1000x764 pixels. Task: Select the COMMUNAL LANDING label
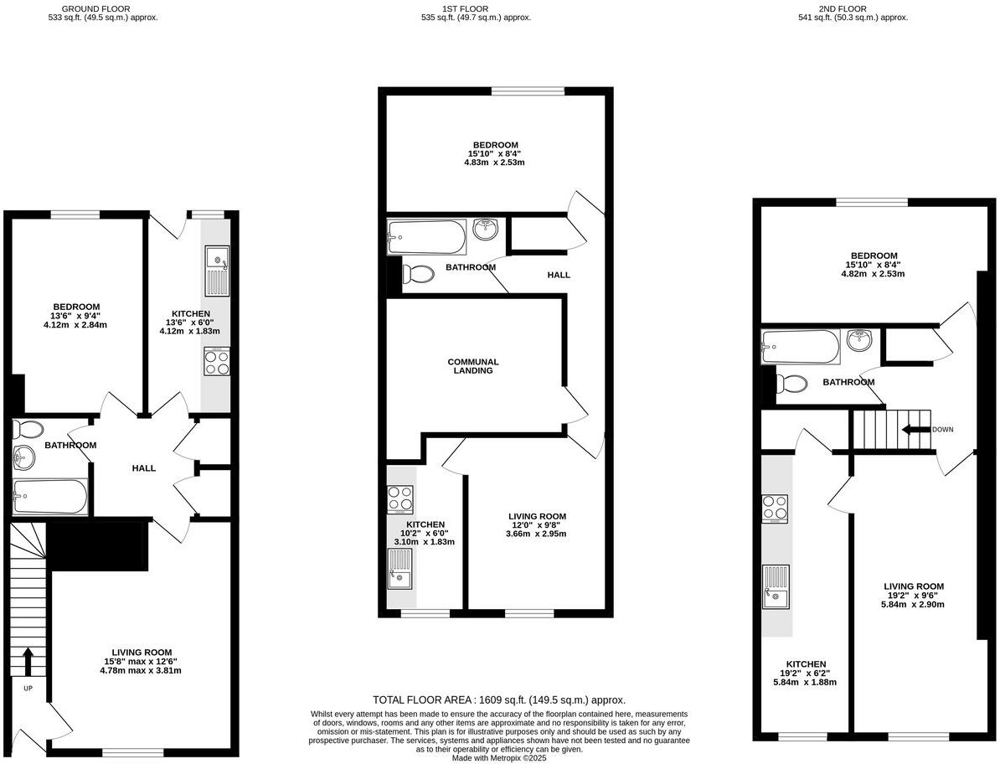(x=472, y=366)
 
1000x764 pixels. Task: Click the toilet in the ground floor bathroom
(x=29, y=430)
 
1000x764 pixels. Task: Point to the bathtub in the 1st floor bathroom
(x=426, y=237)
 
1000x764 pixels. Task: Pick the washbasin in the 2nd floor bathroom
(x=858, y=340)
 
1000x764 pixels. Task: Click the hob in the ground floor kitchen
(x=215, y=361)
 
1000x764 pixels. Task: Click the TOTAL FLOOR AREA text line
(x=499, y=700)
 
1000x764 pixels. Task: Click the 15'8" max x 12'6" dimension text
(x=142, y=661)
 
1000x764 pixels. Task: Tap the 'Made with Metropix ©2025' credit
(x=498, y=758)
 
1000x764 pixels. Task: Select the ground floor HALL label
(x=144, y=468)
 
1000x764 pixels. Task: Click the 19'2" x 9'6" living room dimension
(x=914, y=595)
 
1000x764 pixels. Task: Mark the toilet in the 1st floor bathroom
(x=417, y=274)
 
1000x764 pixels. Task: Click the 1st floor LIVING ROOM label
(x=538, y=516)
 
